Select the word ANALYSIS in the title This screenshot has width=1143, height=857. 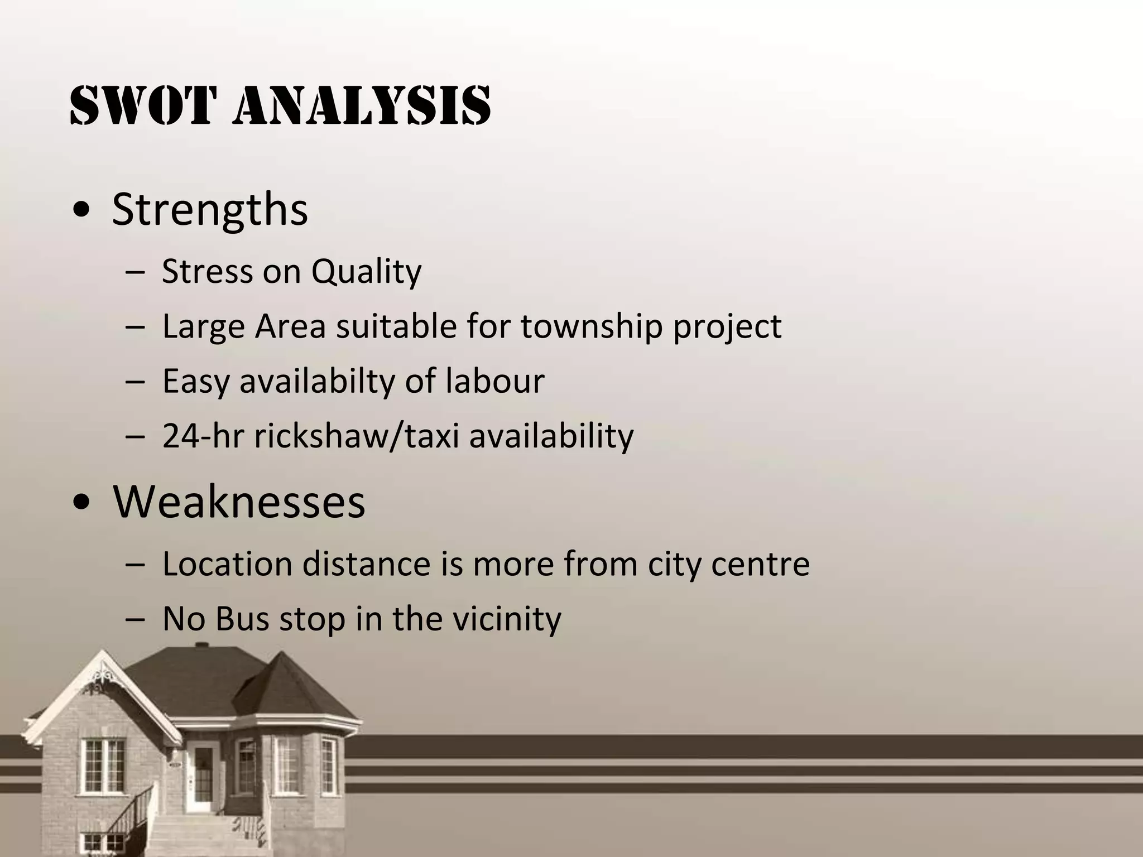368,105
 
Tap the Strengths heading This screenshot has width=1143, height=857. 209,209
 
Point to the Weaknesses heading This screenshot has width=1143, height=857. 239,501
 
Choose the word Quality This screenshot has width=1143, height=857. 366,272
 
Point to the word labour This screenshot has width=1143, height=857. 494,381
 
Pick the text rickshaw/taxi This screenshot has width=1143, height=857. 357,436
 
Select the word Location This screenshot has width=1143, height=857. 227,564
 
